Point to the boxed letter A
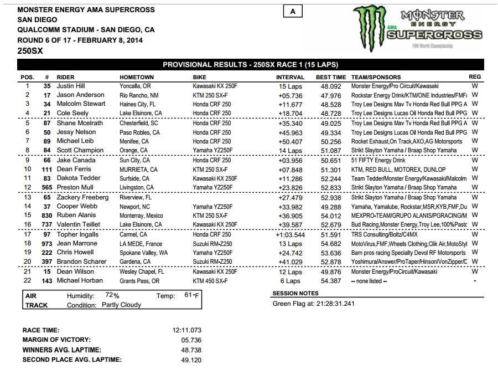(292, 12)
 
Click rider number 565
(46, 188)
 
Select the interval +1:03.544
(290, 234)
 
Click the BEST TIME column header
(331, 77)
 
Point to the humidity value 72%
(113, 296)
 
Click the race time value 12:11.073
(187, 330)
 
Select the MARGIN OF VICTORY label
(56, 340)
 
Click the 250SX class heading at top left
(30, 50)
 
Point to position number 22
(27, 281)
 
